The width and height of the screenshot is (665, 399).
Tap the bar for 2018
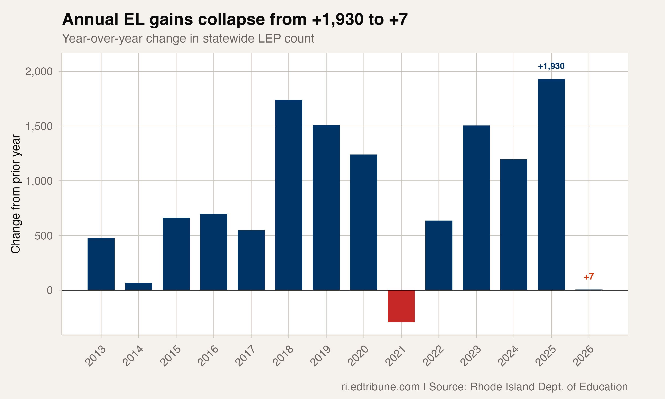click(289, 195)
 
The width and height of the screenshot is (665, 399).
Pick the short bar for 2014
click(138, 286)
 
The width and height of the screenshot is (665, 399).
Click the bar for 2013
click(101, 264)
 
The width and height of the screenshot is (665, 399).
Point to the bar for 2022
click(439, 255)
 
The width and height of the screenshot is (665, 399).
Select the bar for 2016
click(214, 252)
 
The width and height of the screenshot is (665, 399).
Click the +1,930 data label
click(551, 66)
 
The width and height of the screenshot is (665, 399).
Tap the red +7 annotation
click(589, 277)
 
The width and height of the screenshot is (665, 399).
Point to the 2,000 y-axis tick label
click(39, 72)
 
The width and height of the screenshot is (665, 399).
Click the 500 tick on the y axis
click(43, 236)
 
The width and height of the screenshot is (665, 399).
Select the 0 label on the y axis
click(50, 290)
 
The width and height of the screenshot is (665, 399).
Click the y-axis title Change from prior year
click(16, 194)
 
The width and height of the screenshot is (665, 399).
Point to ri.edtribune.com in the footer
click(380, 387)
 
